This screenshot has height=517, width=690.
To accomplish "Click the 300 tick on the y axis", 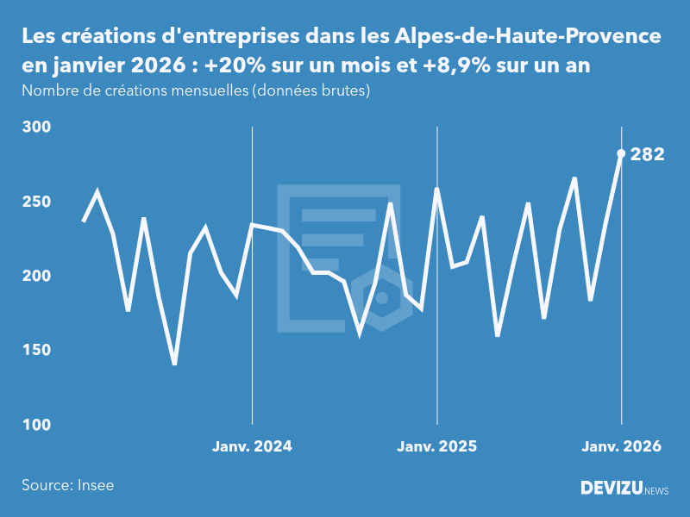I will click(x=37, y=128).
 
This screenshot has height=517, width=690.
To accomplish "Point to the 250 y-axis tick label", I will click(x=37, y=202).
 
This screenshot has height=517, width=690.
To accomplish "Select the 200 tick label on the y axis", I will click(x=37, y=276).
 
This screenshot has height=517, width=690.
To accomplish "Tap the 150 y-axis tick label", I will click(x=37, y=351).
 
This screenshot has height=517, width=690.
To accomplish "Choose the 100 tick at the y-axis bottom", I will click(x=37, y=425).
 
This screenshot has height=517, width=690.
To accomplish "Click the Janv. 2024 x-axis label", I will click(x=252, y=446).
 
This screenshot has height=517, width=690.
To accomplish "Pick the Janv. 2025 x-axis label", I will click(x=436, y=446).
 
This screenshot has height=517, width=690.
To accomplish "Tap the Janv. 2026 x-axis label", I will click(x=621, y=446).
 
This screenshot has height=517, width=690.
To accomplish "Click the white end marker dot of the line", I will click(x=621, y=153).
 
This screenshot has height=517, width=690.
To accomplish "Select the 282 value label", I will click(x=647, y=155).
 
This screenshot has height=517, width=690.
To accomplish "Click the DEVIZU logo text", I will click(x=611, y=489).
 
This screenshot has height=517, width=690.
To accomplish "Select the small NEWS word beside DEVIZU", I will click(x=656, y=491).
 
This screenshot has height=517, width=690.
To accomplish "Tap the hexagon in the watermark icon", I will click(x=381, y=298).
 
